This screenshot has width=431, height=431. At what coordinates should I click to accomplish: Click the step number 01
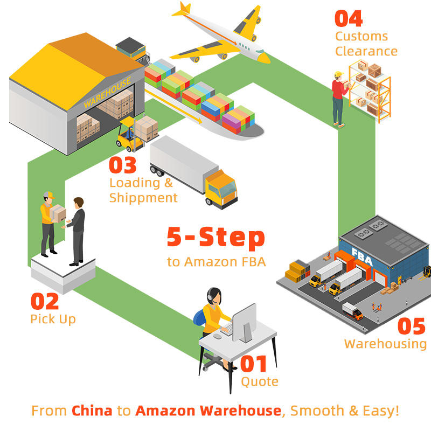(254, 364)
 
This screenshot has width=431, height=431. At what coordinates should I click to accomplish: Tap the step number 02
(45, 301)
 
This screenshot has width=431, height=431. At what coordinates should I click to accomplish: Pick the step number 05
(411, 326)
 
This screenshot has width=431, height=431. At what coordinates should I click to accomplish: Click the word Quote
(260, 382)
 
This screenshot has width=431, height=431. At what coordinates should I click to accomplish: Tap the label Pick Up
(53, 319)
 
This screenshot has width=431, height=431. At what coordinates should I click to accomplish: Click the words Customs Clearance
(366, 44)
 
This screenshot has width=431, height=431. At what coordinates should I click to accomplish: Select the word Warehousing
(385, 343)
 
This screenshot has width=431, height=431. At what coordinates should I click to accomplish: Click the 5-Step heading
(215, 238)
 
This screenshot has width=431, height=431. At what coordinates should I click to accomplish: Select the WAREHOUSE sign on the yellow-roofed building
(107, 92)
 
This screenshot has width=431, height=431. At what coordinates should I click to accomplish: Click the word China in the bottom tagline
(92, 411)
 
